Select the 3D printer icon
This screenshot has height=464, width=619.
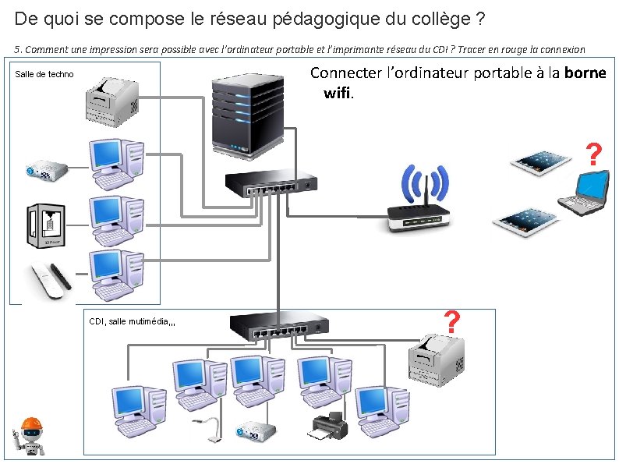pyautogui.click(x=48, y=225)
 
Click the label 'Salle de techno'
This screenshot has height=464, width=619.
pyautogui.click(x=44, y=74)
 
